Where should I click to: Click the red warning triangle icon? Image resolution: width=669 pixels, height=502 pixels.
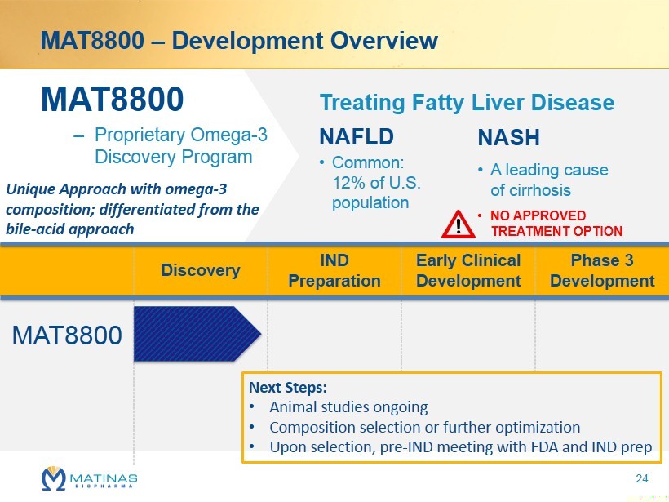click(x=459, y=224)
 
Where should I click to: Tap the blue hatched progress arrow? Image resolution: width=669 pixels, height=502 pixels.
click(x=197, y=334)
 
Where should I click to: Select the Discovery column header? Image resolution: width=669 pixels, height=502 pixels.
click(x=201, y=270)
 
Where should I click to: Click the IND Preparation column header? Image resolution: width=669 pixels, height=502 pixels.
click(x=334, y=270)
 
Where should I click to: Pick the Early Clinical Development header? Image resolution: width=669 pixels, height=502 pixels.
click(x=468, y=270)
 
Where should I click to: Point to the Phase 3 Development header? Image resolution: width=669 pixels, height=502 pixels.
click(x=602, y=270)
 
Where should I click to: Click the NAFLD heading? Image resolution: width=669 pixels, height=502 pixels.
click(x=357, y=137)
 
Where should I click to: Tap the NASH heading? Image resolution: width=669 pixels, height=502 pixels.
click(x=508, y=137)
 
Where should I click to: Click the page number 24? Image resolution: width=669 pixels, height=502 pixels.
click(x=642, y=478)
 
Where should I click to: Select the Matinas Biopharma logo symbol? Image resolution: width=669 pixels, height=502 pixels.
click(x=53, y=478)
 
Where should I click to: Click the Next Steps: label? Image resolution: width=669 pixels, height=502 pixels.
click(x=287, y=388)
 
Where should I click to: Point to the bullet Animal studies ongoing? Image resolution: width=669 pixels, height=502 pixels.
click(x=348, y=407)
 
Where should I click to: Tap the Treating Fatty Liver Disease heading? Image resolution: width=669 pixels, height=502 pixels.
click(x=467, y=103)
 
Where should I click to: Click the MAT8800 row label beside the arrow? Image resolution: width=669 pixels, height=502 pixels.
click(x=67, y=335)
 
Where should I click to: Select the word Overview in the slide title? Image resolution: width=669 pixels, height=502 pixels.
click(x=384, y=41)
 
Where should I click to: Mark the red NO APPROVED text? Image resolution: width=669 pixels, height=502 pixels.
click(x=538, y=215)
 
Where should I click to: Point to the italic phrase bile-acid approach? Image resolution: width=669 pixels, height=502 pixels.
click(x=69, y=229)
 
